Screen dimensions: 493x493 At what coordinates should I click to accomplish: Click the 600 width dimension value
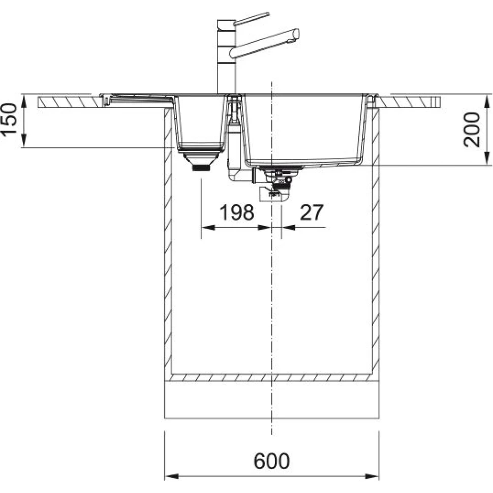(271, 461)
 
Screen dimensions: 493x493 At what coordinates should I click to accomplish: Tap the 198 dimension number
(237, 212)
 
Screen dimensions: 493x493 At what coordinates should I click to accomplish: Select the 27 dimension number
(311, 212)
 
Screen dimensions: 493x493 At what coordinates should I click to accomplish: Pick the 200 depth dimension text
(472, 129)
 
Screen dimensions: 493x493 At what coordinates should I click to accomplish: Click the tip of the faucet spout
(296, 34)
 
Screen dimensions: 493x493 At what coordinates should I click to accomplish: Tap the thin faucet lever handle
(252, 18)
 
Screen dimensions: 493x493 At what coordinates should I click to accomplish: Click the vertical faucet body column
(226, 56)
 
